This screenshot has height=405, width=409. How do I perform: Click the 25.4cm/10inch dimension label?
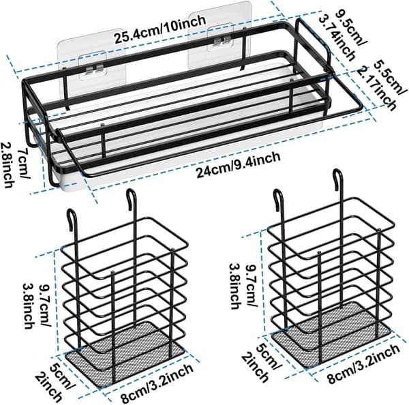(160, 29)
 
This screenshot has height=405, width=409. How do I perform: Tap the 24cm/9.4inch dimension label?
(239, 165)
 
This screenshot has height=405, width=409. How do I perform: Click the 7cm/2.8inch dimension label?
(15, 165)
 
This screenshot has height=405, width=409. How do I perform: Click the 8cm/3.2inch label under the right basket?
(363, 363)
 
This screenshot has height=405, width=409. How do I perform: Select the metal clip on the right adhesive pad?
(222, 41)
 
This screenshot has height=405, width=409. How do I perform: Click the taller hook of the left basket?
(132, 200)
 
